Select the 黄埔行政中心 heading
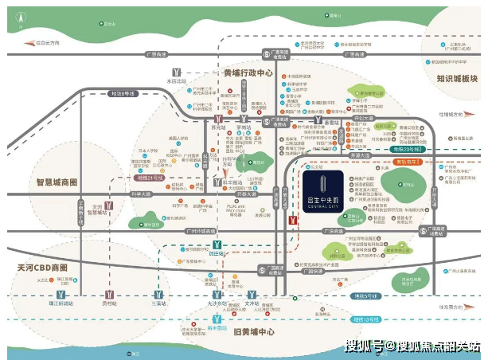pyautogui.click(x=248, y=72)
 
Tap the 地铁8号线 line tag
pyautogui.click(x=123, y=94)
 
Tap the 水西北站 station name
pyautogui.click(x=176, y=81)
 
